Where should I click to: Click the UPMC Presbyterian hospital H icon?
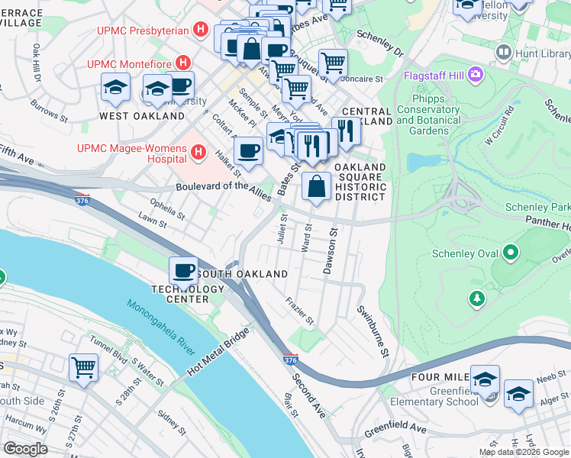pos(201,31)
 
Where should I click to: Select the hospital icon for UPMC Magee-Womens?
pos(198,152)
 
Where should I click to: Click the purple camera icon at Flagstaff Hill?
pos(477,75)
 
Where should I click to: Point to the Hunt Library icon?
pos(503,53)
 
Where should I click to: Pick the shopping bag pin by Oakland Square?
pos(315,185)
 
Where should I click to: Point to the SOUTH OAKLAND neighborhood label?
pos(242,274)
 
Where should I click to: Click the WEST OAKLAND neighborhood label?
pos(142,116)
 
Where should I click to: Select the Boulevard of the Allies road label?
pos(223,192)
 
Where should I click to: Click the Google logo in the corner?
pos(25,449)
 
